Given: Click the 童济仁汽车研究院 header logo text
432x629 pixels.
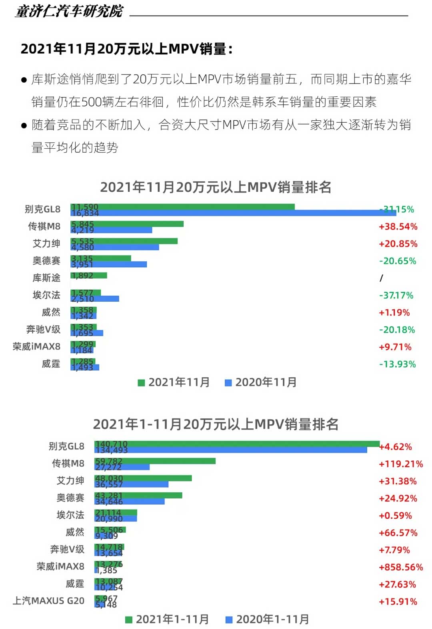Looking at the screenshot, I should click(69, 11).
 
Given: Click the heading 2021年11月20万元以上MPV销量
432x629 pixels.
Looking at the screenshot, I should click(126, 49).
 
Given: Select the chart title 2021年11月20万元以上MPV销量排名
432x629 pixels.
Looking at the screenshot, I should click(216, 187).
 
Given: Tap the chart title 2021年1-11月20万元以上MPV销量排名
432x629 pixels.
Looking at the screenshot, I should click(216, 424).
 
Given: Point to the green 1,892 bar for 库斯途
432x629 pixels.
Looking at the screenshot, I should click(89, 275).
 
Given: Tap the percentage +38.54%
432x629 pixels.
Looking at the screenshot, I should click(398, 227).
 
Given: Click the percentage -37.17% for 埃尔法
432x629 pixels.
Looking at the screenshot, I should click(396, 295).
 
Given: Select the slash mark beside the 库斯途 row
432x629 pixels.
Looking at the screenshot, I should click(381, 278).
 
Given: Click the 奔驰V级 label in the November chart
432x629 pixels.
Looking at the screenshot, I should click(43, 329).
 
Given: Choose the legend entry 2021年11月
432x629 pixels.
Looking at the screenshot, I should click(174, 382).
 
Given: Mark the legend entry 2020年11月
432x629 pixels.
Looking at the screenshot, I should click(261, 382).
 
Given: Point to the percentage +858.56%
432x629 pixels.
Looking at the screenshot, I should click(401, 567).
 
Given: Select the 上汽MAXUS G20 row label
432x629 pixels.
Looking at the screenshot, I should click(48, 601).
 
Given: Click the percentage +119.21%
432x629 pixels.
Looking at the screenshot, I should click(401, 464).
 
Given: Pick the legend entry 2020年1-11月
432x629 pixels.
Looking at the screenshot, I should click(268, 619).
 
